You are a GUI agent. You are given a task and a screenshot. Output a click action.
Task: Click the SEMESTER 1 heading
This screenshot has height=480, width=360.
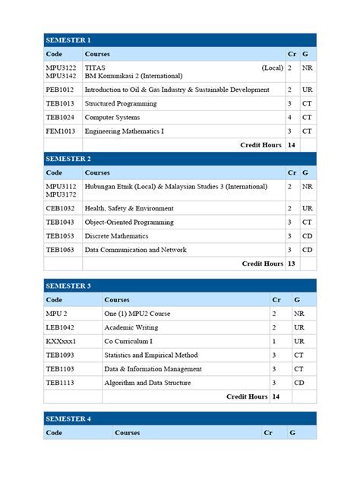click(68, 40)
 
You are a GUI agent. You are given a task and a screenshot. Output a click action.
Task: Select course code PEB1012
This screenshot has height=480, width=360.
click(60, 90)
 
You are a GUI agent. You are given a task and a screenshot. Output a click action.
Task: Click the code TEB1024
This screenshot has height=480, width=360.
click(60, 118)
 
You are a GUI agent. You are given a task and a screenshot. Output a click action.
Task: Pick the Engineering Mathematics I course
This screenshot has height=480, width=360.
click(124, 131)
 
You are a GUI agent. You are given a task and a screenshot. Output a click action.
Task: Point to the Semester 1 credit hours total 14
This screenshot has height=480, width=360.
click(291, 144)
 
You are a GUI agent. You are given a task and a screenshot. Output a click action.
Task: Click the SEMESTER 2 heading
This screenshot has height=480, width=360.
click(68, 159)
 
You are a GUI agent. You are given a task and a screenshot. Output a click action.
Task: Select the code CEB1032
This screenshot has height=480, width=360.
click(60, 208)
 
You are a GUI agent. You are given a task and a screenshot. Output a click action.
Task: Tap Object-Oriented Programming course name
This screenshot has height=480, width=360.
click(129, 222)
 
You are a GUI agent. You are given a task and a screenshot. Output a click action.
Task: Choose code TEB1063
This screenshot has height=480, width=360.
click(60, 250)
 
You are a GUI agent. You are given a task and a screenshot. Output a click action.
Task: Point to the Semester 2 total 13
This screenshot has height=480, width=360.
click(291, 264)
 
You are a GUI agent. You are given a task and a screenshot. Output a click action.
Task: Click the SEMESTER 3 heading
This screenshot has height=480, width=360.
click(68, 286)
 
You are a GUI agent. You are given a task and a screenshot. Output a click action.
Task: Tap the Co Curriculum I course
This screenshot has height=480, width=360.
click(129, 341)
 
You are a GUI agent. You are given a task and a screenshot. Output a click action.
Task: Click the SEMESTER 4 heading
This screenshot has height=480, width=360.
click(68, 418)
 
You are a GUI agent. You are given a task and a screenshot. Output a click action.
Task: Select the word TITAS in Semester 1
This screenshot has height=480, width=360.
click(95, 68)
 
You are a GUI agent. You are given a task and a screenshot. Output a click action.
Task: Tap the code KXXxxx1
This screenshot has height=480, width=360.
click(61, 341)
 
